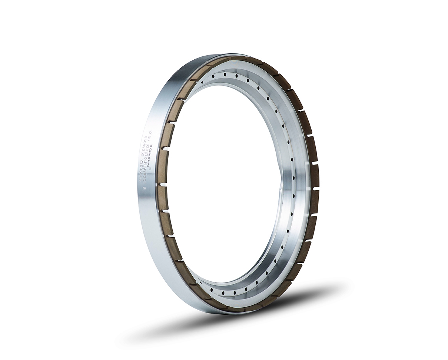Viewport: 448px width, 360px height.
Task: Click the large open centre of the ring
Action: coord(222,185)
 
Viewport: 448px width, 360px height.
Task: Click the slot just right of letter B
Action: coord(163,184)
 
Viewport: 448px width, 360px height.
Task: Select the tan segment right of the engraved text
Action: coord(162,167)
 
